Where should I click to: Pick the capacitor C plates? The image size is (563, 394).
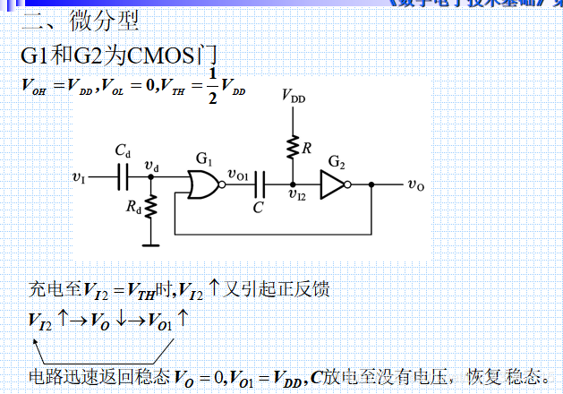pyautogui.click(x=259, y=184)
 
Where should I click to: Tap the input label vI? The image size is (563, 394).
pyautogui.click(x=79, y=178)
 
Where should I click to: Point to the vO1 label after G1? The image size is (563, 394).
pyautogui.click(x=239, y=174)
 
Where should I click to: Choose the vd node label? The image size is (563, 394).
pyautogui.click(x=151, y=167)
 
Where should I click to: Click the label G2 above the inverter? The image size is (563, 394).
pyautogui.click(x=336, y=162)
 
